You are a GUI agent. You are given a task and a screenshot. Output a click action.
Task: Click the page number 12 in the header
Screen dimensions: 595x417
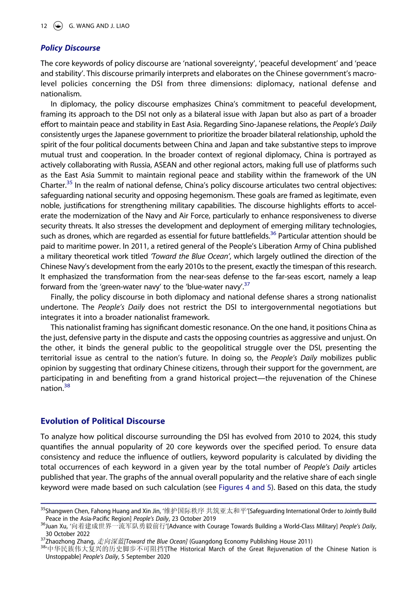(x=44, y=26)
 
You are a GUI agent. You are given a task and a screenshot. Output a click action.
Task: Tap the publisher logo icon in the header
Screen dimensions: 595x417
(x=58, y=26)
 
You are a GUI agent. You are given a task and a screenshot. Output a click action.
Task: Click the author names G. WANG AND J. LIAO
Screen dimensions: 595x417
(x=99, y=26)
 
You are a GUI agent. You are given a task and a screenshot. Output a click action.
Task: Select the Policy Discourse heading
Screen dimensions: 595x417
(x=70, y=48)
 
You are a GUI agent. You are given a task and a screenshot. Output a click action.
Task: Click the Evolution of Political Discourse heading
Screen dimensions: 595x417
(x=103, y=421)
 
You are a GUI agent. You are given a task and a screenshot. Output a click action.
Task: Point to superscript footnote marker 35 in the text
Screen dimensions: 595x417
(x=69, y=183)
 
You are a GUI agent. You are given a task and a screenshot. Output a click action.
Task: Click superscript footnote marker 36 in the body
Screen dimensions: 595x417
(x=273, y=234)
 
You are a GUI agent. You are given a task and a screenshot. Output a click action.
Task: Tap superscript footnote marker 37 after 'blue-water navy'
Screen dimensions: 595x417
(x=247, y=284)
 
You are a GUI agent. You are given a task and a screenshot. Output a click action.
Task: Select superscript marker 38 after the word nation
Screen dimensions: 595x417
(x=67, y=386)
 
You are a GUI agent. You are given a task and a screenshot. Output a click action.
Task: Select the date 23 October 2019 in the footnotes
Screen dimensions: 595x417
(x=194, y=519)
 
